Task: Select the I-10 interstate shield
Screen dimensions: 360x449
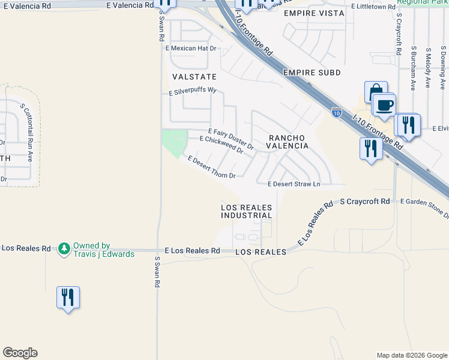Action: click(336, 112)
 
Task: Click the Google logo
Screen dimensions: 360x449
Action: click(20, 353)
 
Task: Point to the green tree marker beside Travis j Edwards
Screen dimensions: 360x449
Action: click(64, 249)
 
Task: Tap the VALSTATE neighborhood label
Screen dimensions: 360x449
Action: click(194, 77)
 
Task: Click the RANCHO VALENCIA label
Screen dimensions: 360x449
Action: click(288, 142)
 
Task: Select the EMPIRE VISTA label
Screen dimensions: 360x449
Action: click(314, 13)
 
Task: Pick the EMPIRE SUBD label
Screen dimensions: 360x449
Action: click(312, 73)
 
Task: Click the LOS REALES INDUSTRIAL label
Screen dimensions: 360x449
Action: click(247, 211)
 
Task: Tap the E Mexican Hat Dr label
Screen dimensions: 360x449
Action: click(191, 48)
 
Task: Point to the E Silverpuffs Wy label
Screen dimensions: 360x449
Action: click(192, 93)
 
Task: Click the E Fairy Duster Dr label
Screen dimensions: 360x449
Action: click(231, 139)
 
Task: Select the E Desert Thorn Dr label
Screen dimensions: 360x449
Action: click(211, 167)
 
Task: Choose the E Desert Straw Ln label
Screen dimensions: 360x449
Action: click(294, 184)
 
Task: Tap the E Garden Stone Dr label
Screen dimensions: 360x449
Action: click(423, 207)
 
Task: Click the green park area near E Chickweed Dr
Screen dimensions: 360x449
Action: click(173, 142)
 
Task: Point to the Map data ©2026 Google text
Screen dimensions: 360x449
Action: click(411, 355)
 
